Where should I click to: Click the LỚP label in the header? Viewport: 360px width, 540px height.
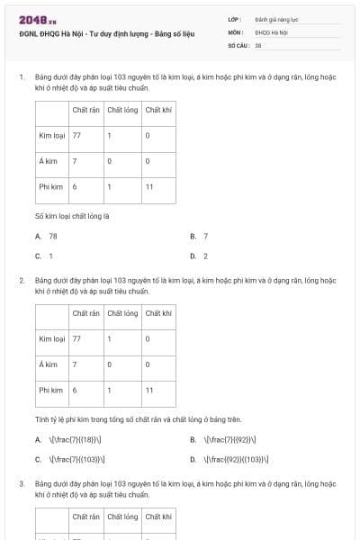tap(235, 18)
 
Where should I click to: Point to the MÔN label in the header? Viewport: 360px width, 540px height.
tap(236, 31)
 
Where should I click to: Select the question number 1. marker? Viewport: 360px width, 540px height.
tap(21, 78)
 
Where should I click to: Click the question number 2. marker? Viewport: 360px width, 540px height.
tap(21, 280)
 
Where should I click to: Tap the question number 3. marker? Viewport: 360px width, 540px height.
tap(21, 483)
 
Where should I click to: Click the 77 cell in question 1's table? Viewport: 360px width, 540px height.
tap(76, 136)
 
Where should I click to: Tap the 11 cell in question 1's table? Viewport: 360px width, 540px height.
tap(148, 186)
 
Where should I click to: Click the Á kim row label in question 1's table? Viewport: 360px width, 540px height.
tap(49, 161)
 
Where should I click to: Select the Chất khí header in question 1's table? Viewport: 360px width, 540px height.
tap(157, 111)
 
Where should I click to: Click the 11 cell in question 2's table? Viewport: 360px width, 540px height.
tap(148, 390)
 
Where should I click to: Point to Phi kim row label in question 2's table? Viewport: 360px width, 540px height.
tap(50, 390)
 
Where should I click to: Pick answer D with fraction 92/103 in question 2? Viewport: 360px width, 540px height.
tap(230, 459)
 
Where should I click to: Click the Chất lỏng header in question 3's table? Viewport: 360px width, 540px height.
tap(121, 517)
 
